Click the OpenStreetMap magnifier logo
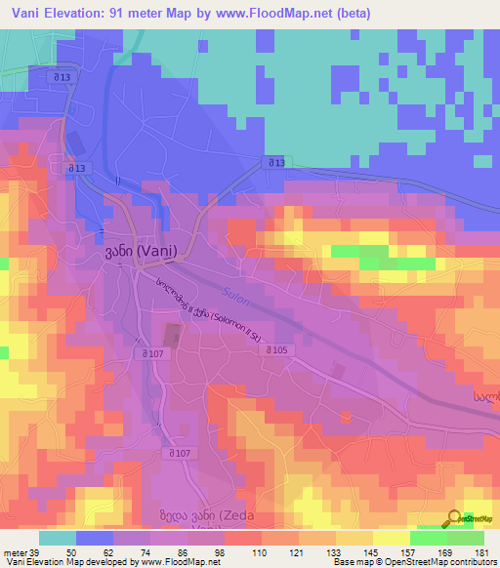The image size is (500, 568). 454,518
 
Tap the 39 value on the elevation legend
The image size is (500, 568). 36,551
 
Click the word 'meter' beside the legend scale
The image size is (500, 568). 15,551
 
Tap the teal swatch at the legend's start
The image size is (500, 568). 57,538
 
